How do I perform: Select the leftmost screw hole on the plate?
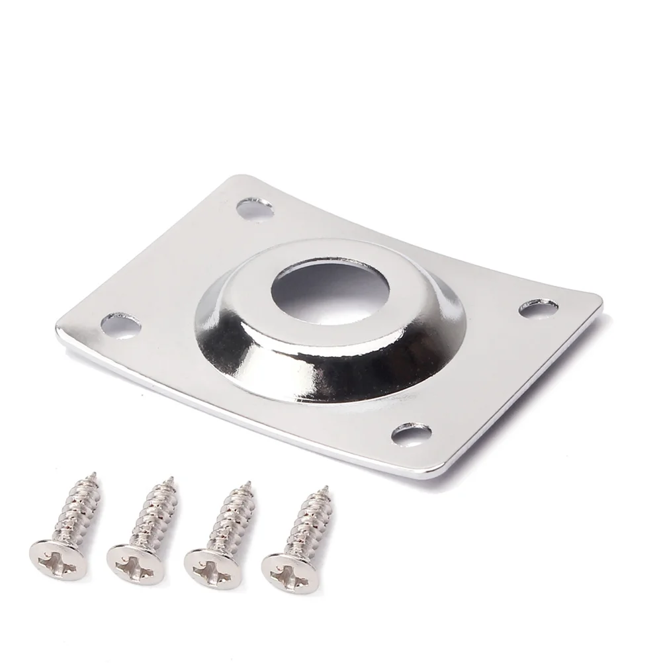coord(122,325)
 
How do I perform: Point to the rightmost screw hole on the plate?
coord(538,308)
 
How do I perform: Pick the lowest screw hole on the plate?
coord(411,434)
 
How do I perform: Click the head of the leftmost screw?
coord(56,562)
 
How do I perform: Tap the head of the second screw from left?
coord(135,565)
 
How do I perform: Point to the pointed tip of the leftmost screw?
coord(94,474)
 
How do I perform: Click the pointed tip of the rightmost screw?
coord(325,488)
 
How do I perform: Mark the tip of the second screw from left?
coord(171,478)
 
